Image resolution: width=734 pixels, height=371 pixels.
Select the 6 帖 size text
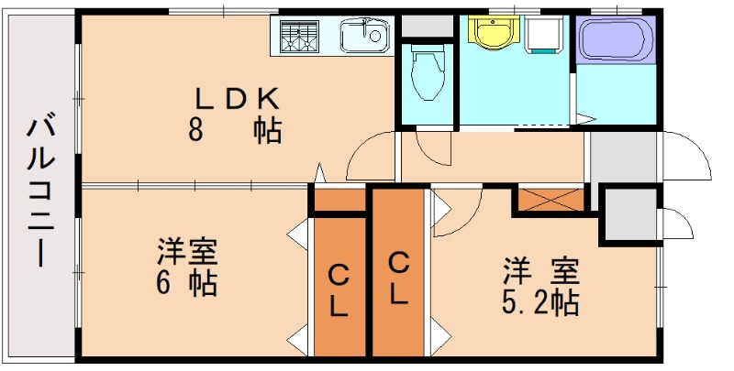click(188, 282)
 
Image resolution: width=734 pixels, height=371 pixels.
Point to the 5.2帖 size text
click(540, 301)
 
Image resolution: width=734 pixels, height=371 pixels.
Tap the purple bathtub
click(616, 40)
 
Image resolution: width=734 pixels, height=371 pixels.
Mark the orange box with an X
click(551, 201)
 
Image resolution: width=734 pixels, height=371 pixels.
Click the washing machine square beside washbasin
click(547, 34)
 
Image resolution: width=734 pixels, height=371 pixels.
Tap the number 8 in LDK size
click(195, 129)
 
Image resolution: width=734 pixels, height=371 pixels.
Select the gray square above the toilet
click(427, 26)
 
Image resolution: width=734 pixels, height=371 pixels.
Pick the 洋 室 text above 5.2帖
click(540, 271)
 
